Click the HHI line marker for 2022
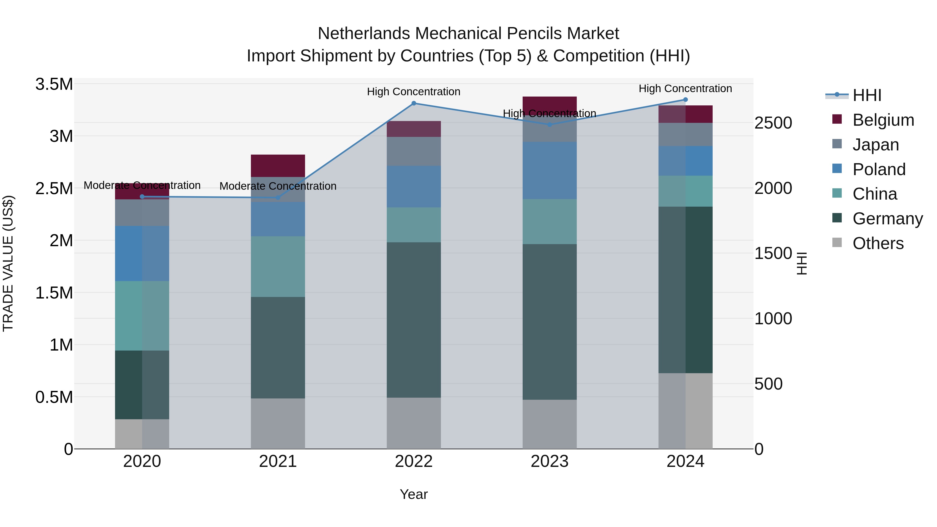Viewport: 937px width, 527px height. tap(414, 103)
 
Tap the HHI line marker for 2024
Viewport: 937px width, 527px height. tap(685, 100)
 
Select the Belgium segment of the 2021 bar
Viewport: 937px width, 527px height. tap(278, 166)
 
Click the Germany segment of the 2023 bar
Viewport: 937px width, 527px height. tap(550, 322)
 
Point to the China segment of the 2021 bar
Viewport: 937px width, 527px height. tap(278, 266)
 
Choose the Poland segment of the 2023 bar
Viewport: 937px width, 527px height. tap(550, 170)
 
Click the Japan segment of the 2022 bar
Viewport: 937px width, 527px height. tap(414, 151)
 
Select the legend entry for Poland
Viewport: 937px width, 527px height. tap(878, 169)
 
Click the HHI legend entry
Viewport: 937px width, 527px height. tap(866, 95)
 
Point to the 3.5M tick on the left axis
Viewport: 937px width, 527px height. tap(54, 84)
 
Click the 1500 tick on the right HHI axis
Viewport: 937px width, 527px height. tap(773, 253)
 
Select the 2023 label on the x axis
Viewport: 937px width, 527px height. tap(550, 461)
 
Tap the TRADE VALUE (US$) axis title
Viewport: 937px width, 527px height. tap(8, 263)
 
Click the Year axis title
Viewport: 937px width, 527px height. tap(414, 494)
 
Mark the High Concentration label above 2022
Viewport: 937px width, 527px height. tap(414, 92)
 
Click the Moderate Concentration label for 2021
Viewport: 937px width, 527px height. tap(278, 186)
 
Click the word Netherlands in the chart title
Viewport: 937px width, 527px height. tap(364, 34)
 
